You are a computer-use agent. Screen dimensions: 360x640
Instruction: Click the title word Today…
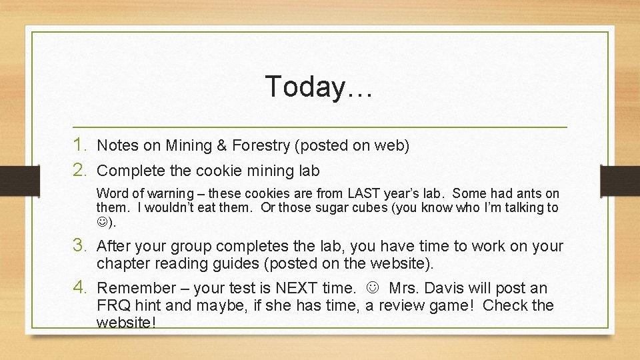pyautogui.click(x=318, y=87)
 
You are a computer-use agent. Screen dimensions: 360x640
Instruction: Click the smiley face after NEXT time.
pyautogui.click(x=373, y=288)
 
